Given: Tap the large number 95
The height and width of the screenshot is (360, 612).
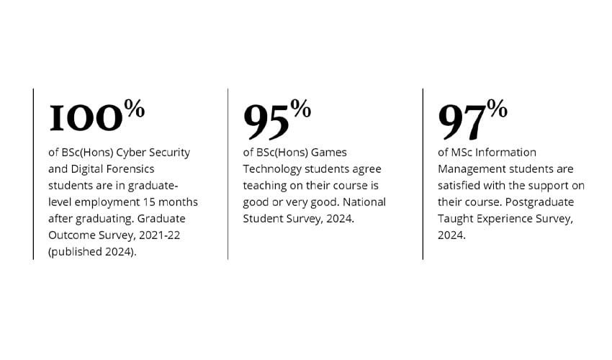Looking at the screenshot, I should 266,120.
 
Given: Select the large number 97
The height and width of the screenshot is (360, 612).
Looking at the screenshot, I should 462,120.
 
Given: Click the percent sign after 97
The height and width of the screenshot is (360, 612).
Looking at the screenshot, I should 497,109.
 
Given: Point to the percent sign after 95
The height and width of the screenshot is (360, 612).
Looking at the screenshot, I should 301,109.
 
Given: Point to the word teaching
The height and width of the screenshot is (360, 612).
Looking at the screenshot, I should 266,185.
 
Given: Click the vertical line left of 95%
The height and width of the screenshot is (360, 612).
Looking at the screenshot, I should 228,174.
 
